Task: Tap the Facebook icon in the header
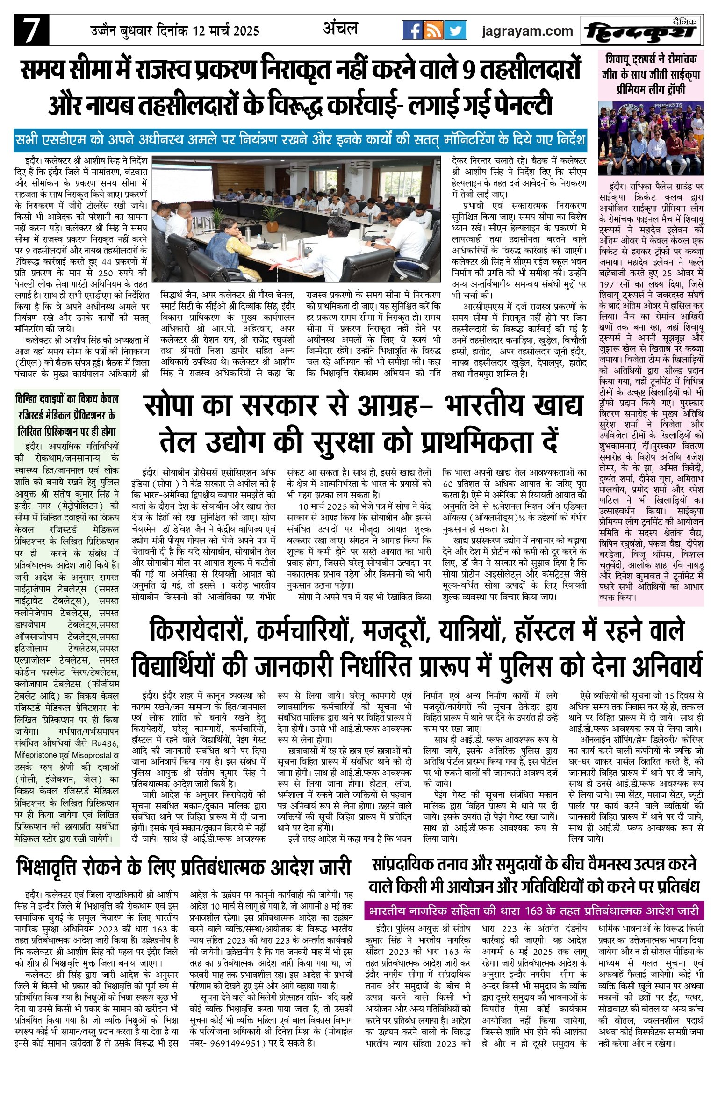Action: coord(412,30)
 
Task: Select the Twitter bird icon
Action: coord(455,30)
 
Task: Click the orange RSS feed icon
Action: coord(433,30)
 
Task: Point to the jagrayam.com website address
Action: coord(527,31)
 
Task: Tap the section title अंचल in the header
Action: coord(340,29)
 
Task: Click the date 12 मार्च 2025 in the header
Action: coord(226,31)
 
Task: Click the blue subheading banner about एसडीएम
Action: coord(300,140)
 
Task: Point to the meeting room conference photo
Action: coord(296,219)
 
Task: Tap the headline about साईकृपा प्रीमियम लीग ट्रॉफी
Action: coord(651,74)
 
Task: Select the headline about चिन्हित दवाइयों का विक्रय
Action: coord(67,415)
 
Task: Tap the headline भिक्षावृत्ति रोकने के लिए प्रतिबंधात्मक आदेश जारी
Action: coord(183,867)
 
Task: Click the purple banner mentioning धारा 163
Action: coord(534,910)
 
